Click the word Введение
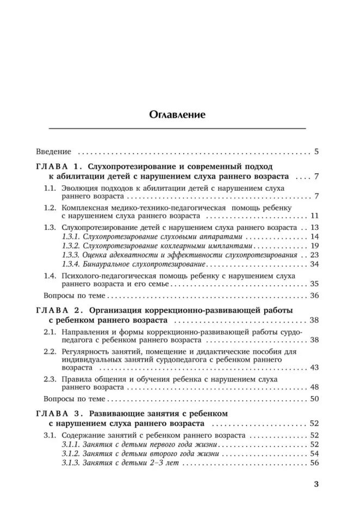[x=54, y=152]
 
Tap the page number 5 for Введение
[x=316, y=152]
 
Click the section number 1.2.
[x=49, y=208]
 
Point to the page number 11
[x=314, y=216]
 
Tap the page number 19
[x=314, y=246]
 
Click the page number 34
[x=314, y=265]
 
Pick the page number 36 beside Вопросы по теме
[x=314, y=296]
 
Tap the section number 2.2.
[x=49, y=352]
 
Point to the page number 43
[x=314, y=368]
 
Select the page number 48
[x=314, y=388]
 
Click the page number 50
[x=314, y=399]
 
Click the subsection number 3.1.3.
[x=71, y=463]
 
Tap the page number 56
[x=314, y=463]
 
